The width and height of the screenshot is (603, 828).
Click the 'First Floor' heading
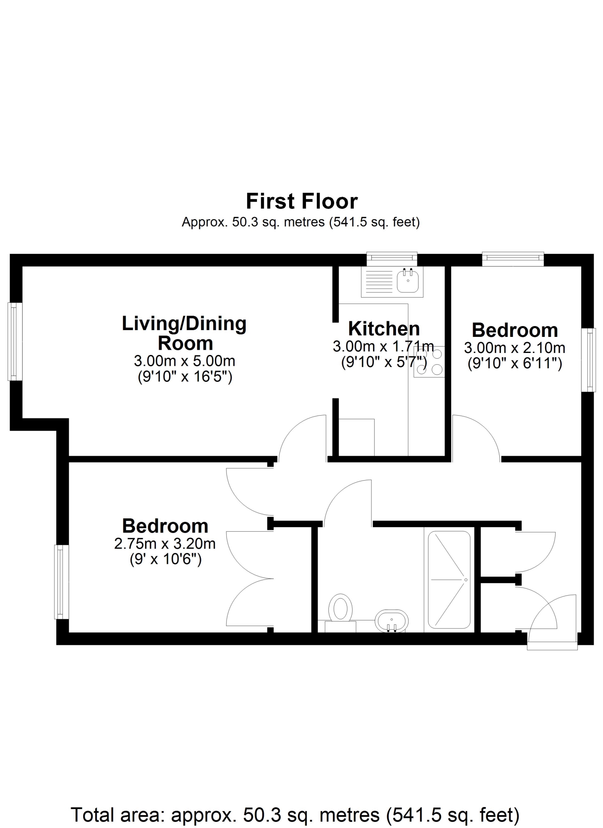point(301,201)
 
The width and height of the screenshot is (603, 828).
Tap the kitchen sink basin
point(408,281)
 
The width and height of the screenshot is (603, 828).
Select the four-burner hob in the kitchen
point(429,361)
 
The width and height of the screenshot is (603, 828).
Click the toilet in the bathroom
point(340,613)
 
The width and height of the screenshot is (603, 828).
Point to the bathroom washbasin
point(392,621)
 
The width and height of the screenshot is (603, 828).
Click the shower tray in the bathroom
point(449,580)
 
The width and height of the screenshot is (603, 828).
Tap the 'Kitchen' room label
point(384,329)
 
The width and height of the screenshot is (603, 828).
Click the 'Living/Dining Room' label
point(185,333)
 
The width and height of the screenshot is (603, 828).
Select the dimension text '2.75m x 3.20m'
point(165,544)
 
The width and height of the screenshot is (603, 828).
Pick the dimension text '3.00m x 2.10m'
point(515,347)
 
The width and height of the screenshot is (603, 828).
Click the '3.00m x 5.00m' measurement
point(185,361)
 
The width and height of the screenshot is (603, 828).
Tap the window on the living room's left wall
point(15,341)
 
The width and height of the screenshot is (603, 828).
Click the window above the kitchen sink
point(392,259)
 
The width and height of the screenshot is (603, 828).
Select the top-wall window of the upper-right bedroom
point(513,259)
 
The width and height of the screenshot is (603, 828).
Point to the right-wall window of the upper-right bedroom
point(589,360)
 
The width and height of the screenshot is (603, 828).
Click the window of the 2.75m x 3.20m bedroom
point(62,582)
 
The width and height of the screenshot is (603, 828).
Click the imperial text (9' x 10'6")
point(165,559)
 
